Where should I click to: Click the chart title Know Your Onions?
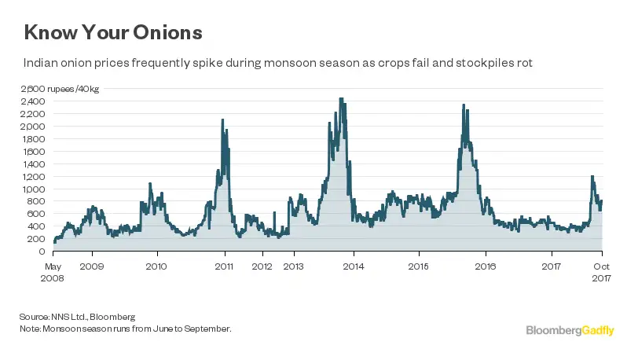[113, 32]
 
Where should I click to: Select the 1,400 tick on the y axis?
[34, 164]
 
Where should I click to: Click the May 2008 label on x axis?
[53, 271]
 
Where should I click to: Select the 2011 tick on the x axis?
[225, 266]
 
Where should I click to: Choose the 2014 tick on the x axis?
[354, 266]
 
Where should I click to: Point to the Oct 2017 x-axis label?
[601, 271]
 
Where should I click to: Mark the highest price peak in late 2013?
[341, 99]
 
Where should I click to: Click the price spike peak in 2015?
[464, 105]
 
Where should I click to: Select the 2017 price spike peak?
[592, 176]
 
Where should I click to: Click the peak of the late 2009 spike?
[149, 184]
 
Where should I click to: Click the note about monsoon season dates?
[126, 328]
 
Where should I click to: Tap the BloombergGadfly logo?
[569, 331]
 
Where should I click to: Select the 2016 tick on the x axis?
[485, 266]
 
